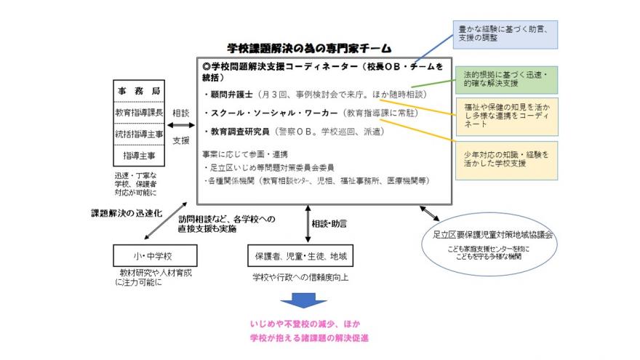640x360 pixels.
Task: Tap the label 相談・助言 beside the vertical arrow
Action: pos(329,222)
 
